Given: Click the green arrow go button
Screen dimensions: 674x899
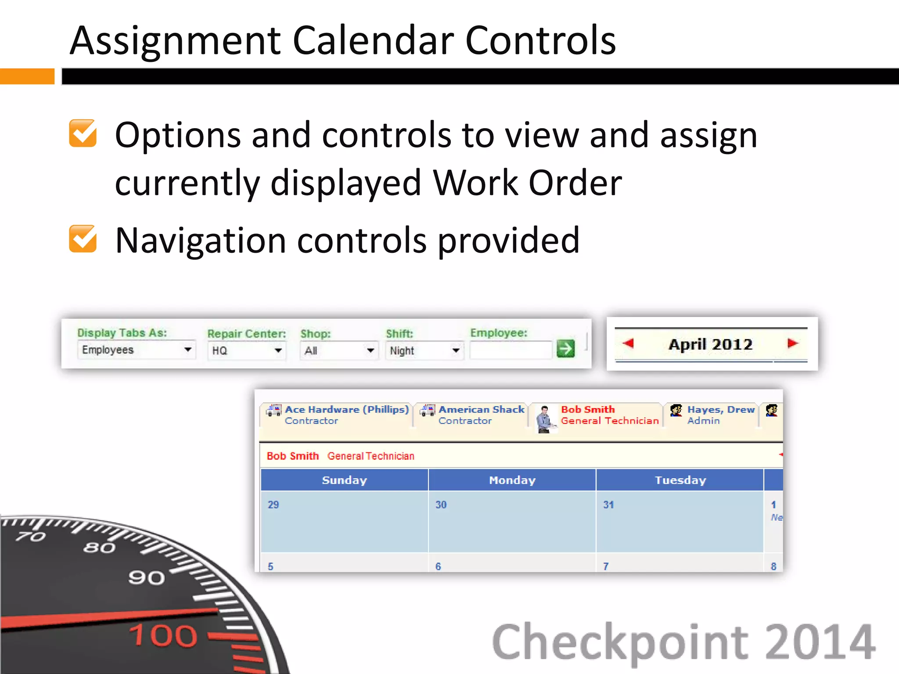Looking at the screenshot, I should click(x=565, y=349).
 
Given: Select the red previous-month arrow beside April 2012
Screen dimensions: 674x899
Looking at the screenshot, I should click(x=629, y=343).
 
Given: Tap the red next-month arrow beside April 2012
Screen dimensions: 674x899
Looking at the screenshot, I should click(x=792, y=343).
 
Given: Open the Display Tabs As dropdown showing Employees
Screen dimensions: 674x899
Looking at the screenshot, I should click(x=136, y=350).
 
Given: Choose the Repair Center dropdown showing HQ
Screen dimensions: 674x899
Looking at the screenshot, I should click(x=246, y=351).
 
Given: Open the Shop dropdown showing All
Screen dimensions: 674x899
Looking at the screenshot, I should click(x=338, y=351).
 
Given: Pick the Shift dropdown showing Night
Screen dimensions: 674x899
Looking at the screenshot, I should click(x=424, y=351).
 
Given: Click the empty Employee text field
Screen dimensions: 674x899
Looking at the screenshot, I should click(x=510, y=350).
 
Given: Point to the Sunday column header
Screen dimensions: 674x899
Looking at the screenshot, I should click(x=345, y=480).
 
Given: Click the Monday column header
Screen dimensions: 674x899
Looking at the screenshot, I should click(x=512, y=480).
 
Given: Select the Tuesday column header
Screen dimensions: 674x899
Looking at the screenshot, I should click(x=680, y=480).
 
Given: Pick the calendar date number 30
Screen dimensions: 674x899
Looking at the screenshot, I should click(x=441, y=505).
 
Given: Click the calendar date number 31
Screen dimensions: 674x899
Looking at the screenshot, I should click(x=608, y=505).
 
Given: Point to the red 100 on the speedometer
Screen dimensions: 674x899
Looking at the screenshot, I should click(x=163, y=635).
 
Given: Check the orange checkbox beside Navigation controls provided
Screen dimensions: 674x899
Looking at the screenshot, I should click(x=83, y=239).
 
